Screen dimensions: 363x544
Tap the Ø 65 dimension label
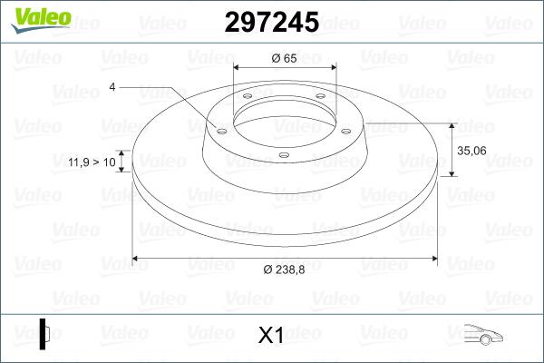click(x=285, y=57)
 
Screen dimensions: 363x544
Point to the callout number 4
click(x=112, y=87)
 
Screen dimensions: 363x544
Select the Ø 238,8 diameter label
click(x=285, y=270)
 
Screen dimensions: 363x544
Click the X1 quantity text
click(x=271, y=335)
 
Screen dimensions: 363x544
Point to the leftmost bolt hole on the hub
click(x=221, y=129)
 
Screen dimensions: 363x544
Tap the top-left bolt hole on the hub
click(x=248, y=99)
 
